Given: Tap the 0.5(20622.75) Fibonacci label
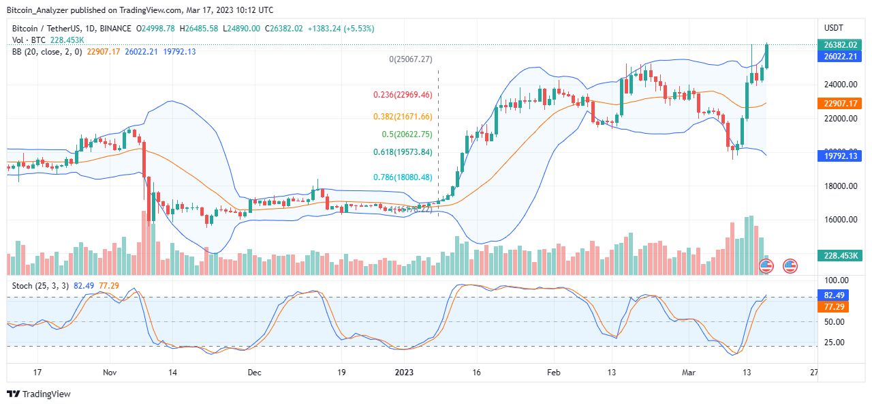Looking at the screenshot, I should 406,134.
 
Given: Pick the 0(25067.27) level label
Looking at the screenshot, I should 411,59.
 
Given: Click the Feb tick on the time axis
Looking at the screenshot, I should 553,373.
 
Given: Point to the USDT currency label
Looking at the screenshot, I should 834,28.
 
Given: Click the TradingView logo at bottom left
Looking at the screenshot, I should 39,394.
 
